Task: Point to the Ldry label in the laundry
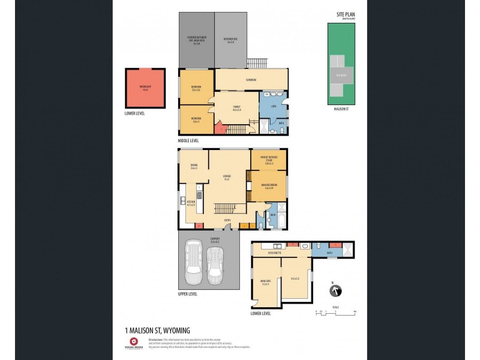pyautogui.click(x=273, y=107)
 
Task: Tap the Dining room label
pyautogui.click(x=194, y=166)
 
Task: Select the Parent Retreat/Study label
pyautogui.click(x=268, y=161)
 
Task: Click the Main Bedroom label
pyautogui.click(x=268, y=187)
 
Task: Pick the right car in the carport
pyautogui.click(x=215, y=268)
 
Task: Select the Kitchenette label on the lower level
pyautogui.click(x=274, y=253)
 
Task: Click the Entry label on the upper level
pyautogui.click(x=227, y=220)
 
